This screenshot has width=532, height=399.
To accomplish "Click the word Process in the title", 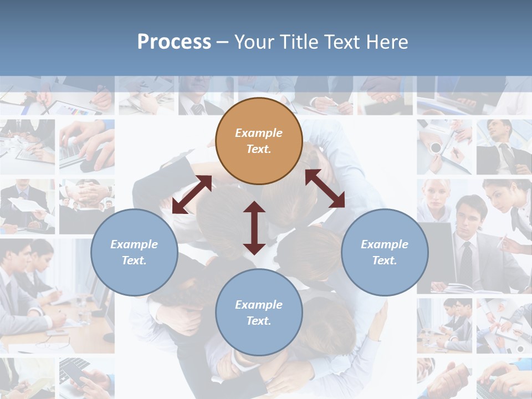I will (174, 42).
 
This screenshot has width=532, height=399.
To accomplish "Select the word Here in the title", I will (386, 42).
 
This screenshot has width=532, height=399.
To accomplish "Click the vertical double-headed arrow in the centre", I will (254, 228).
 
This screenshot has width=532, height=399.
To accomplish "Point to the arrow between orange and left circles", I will (192, 195).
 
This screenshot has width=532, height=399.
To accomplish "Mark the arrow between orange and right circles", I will (325, 188).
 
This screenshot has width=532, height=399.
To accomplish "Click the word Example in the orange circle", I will (259, 133).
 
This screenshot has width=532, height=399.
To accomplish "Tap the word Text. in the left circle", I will (134, 260).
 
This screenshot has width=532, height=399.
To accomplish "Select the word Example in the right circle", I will (385, 244).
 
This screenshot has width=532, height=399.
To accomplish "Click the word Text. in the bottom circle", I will (259, 321).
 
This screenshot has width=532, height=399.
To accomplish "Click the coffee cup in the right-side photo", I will (436, 148).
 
